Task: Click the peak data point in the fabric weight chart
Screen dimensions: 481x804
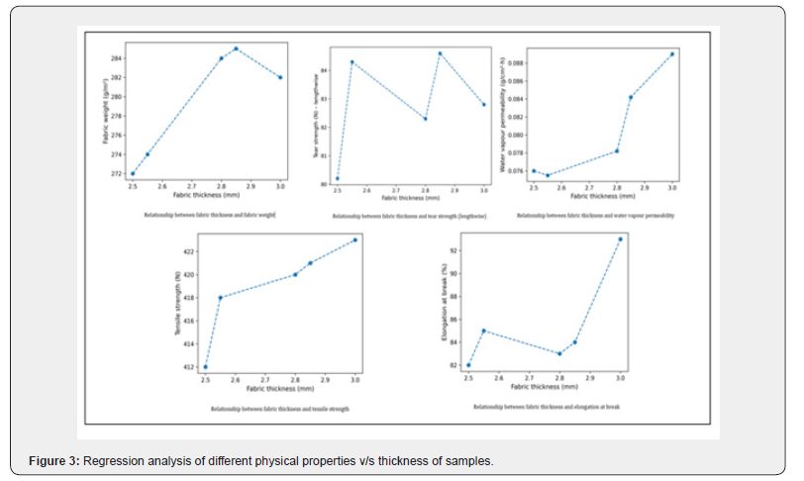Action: pyautogui.click(x=236, y=48)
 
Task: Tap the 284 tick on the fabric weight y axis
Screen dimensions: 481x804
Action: pyautogui.click(x=115, y=58)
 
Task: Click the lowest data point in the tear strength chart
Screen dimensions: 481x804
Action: pyautogui.click(x=337, y=179)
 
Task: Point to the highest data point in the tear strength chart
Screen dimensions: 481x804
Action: pyautogui.click(x=440, y=53)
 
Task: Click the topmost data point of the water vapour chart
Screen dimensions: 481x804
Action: pyautogui.click(x=672, y=54)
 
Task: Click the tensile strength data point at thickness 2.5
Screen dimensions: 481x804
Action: pyautogui.click(x=205, y=367)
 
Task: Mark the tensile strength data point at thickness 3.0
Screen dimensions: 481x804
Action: pyautogui.click(x=354, y=240)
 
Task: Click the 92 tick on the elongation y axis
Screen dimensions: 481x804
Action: pyautogui.click(x=456, y=251)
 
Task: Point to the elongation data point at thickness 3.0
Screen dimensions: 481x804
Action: pyautogui.click(x=621, y=239)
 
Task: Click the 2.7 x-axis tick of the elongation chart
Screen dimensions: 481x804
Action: pyautogui.click(x=529, y=376)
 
